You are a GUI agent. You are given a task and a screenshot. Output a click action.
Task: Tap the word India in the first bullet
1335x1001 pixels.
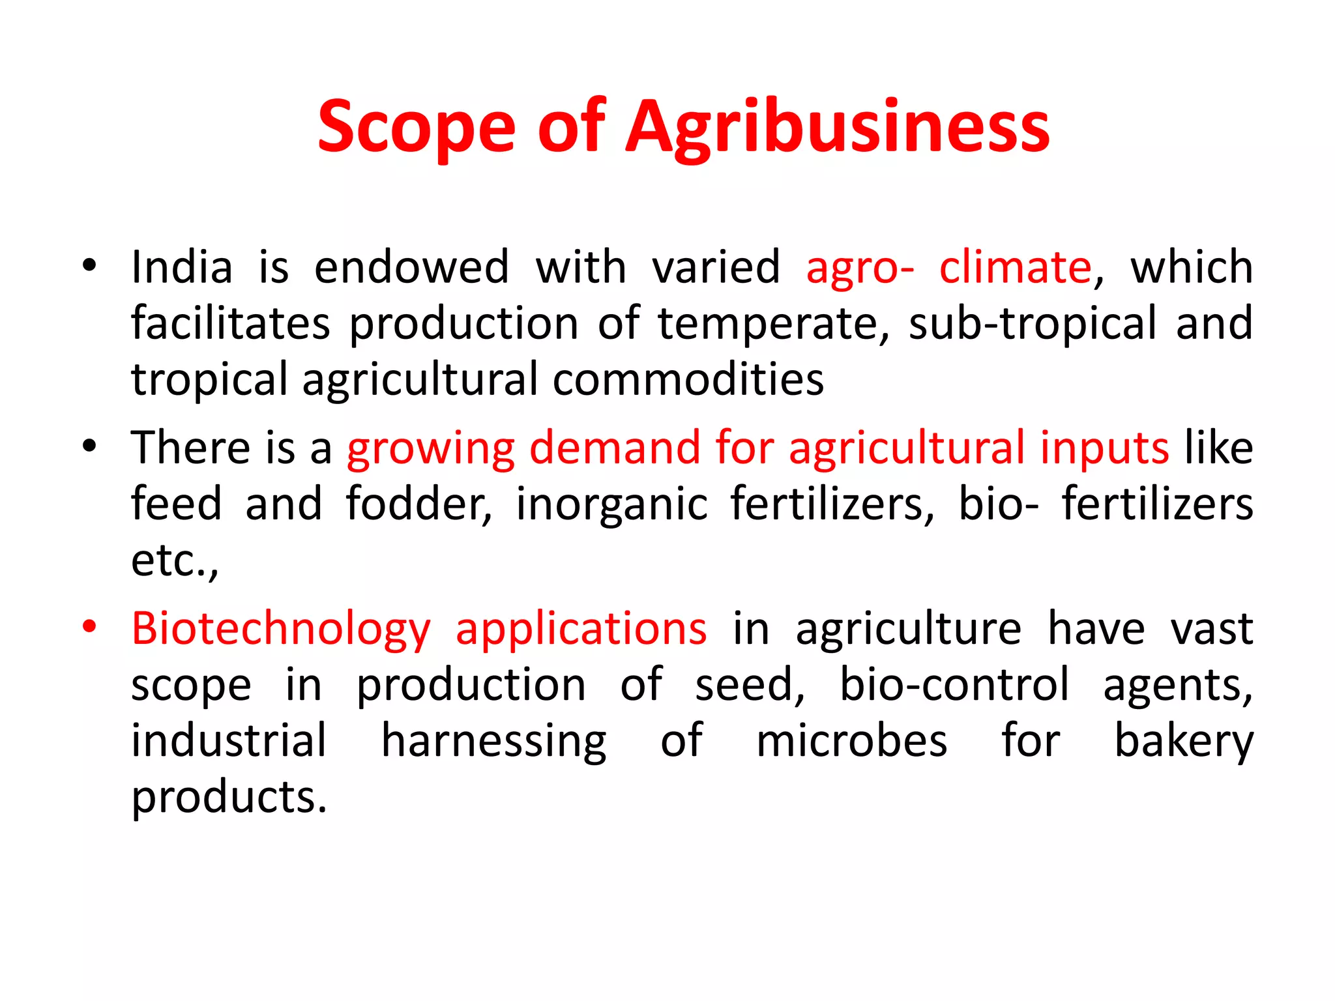[182, 267]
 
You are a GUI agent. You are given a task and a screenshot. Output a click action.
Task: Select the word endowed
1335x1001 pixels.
[411, 267]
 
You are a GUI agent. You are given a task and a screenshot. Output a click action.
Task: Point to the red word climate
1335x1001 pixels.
[1015, 267]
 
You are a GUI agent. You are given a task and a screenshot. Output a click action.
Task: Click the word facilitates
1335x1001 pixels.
[231, 323]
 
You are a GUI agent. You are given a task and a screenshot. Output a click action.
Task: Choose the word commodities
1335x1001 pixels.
[688, 379]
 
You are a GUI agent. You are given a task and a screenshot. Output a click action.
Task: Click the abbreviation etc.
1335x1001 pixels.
[174, 560]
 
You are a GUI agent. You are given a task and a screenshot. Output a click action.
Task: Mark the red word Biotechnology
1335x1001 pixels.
[281, 630]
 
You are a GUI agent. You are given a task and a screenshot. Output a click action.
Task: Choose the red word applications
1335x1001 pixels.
[581, 630]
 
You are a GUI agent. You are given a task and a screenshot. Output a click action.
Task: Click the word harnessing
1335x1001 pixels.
[493, 742]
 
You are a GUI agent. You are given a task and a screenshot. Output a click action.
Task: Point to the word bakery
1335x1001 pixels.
[1184, 742]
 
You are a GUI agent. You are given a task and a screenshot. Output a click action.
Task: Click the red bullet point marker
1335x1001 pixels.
[89, 627]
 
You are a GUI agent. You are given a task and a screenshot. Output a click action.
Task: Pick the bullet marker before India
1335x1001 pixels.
[89, 266]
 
